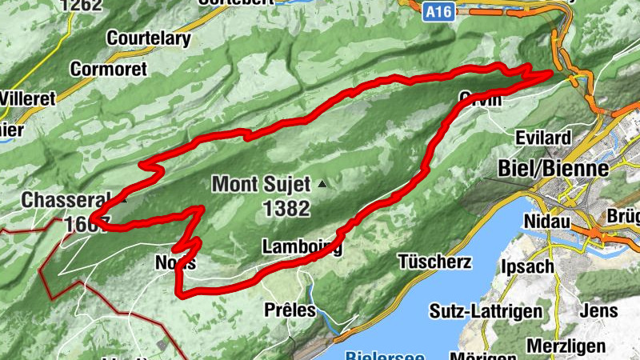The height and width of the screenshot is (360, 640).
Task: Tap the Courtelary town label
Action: pos(148,38)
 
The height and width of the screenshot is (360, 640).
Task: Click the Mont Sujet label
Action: pos(260,185)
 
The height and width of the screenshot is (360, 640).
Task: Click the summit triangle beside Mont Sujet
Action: pos(322,185)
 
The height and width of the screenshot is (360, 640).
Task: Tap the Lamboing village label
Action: pos(302,247)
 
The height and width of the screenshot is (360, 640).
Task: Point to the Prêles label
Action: pos(290,310)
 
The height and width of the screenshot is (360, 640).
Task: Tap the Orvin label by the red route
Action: pos(480,99)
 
